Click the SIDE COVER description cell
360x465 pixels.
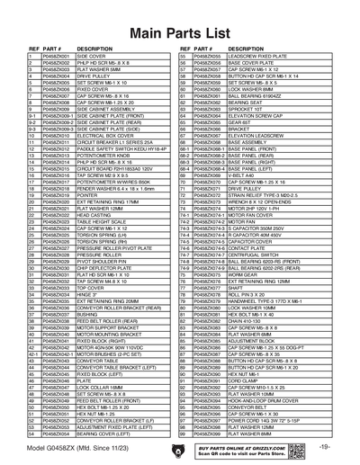coord(91,55)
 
